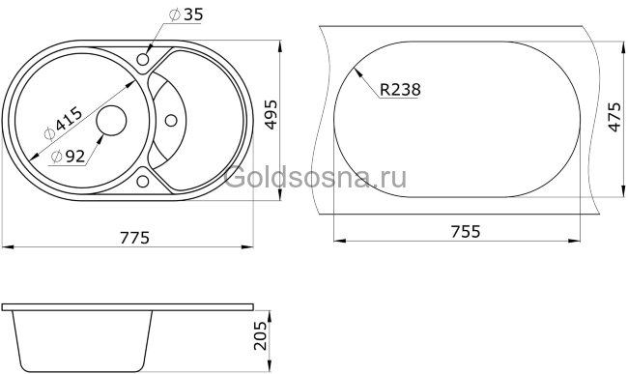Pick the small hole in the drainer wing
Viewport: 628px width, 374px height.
pos(171,121)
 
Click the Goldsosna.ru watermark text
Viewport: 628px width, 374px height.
pos(315,176)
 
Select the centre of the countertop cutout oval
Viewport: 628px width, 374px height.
pos(459,117)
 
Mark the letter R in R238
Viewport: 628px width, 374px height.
pos(385,90)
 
